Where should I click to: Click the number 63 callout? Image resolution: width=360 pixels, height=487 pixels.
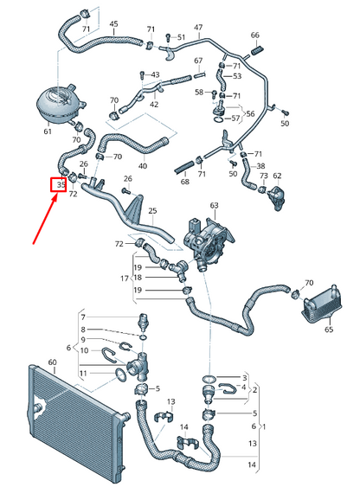tap(215, 205)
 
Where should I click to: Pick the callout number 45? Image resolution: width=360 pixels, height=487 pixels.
tap(113, 23)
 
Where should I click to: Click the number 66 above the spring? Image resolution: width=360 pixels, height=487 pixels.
tap(254, 35)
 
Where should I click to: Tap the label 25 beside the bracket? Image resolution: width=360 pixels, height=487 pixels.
tap(152, 211)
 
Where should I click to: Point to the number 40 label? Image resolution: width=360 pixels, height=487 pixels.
tap(143, 165)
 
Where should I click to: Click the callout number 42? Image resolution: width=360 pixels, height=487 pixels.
tap(154, 105)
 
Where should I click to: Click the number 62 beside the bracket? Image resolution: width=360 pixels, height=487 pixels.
tap(277, 176)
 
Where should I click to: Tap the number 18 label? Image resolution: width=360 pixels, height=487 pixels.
tap(137, 278)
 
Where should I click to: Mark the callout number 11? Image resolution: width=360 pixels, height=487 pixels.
tap(84, 373)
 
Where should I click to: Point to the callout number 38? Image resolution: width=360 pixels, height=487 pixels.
tap(261, 166)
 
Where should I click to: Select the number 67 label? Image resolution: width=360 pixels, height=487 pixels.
tap(198, 61)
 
